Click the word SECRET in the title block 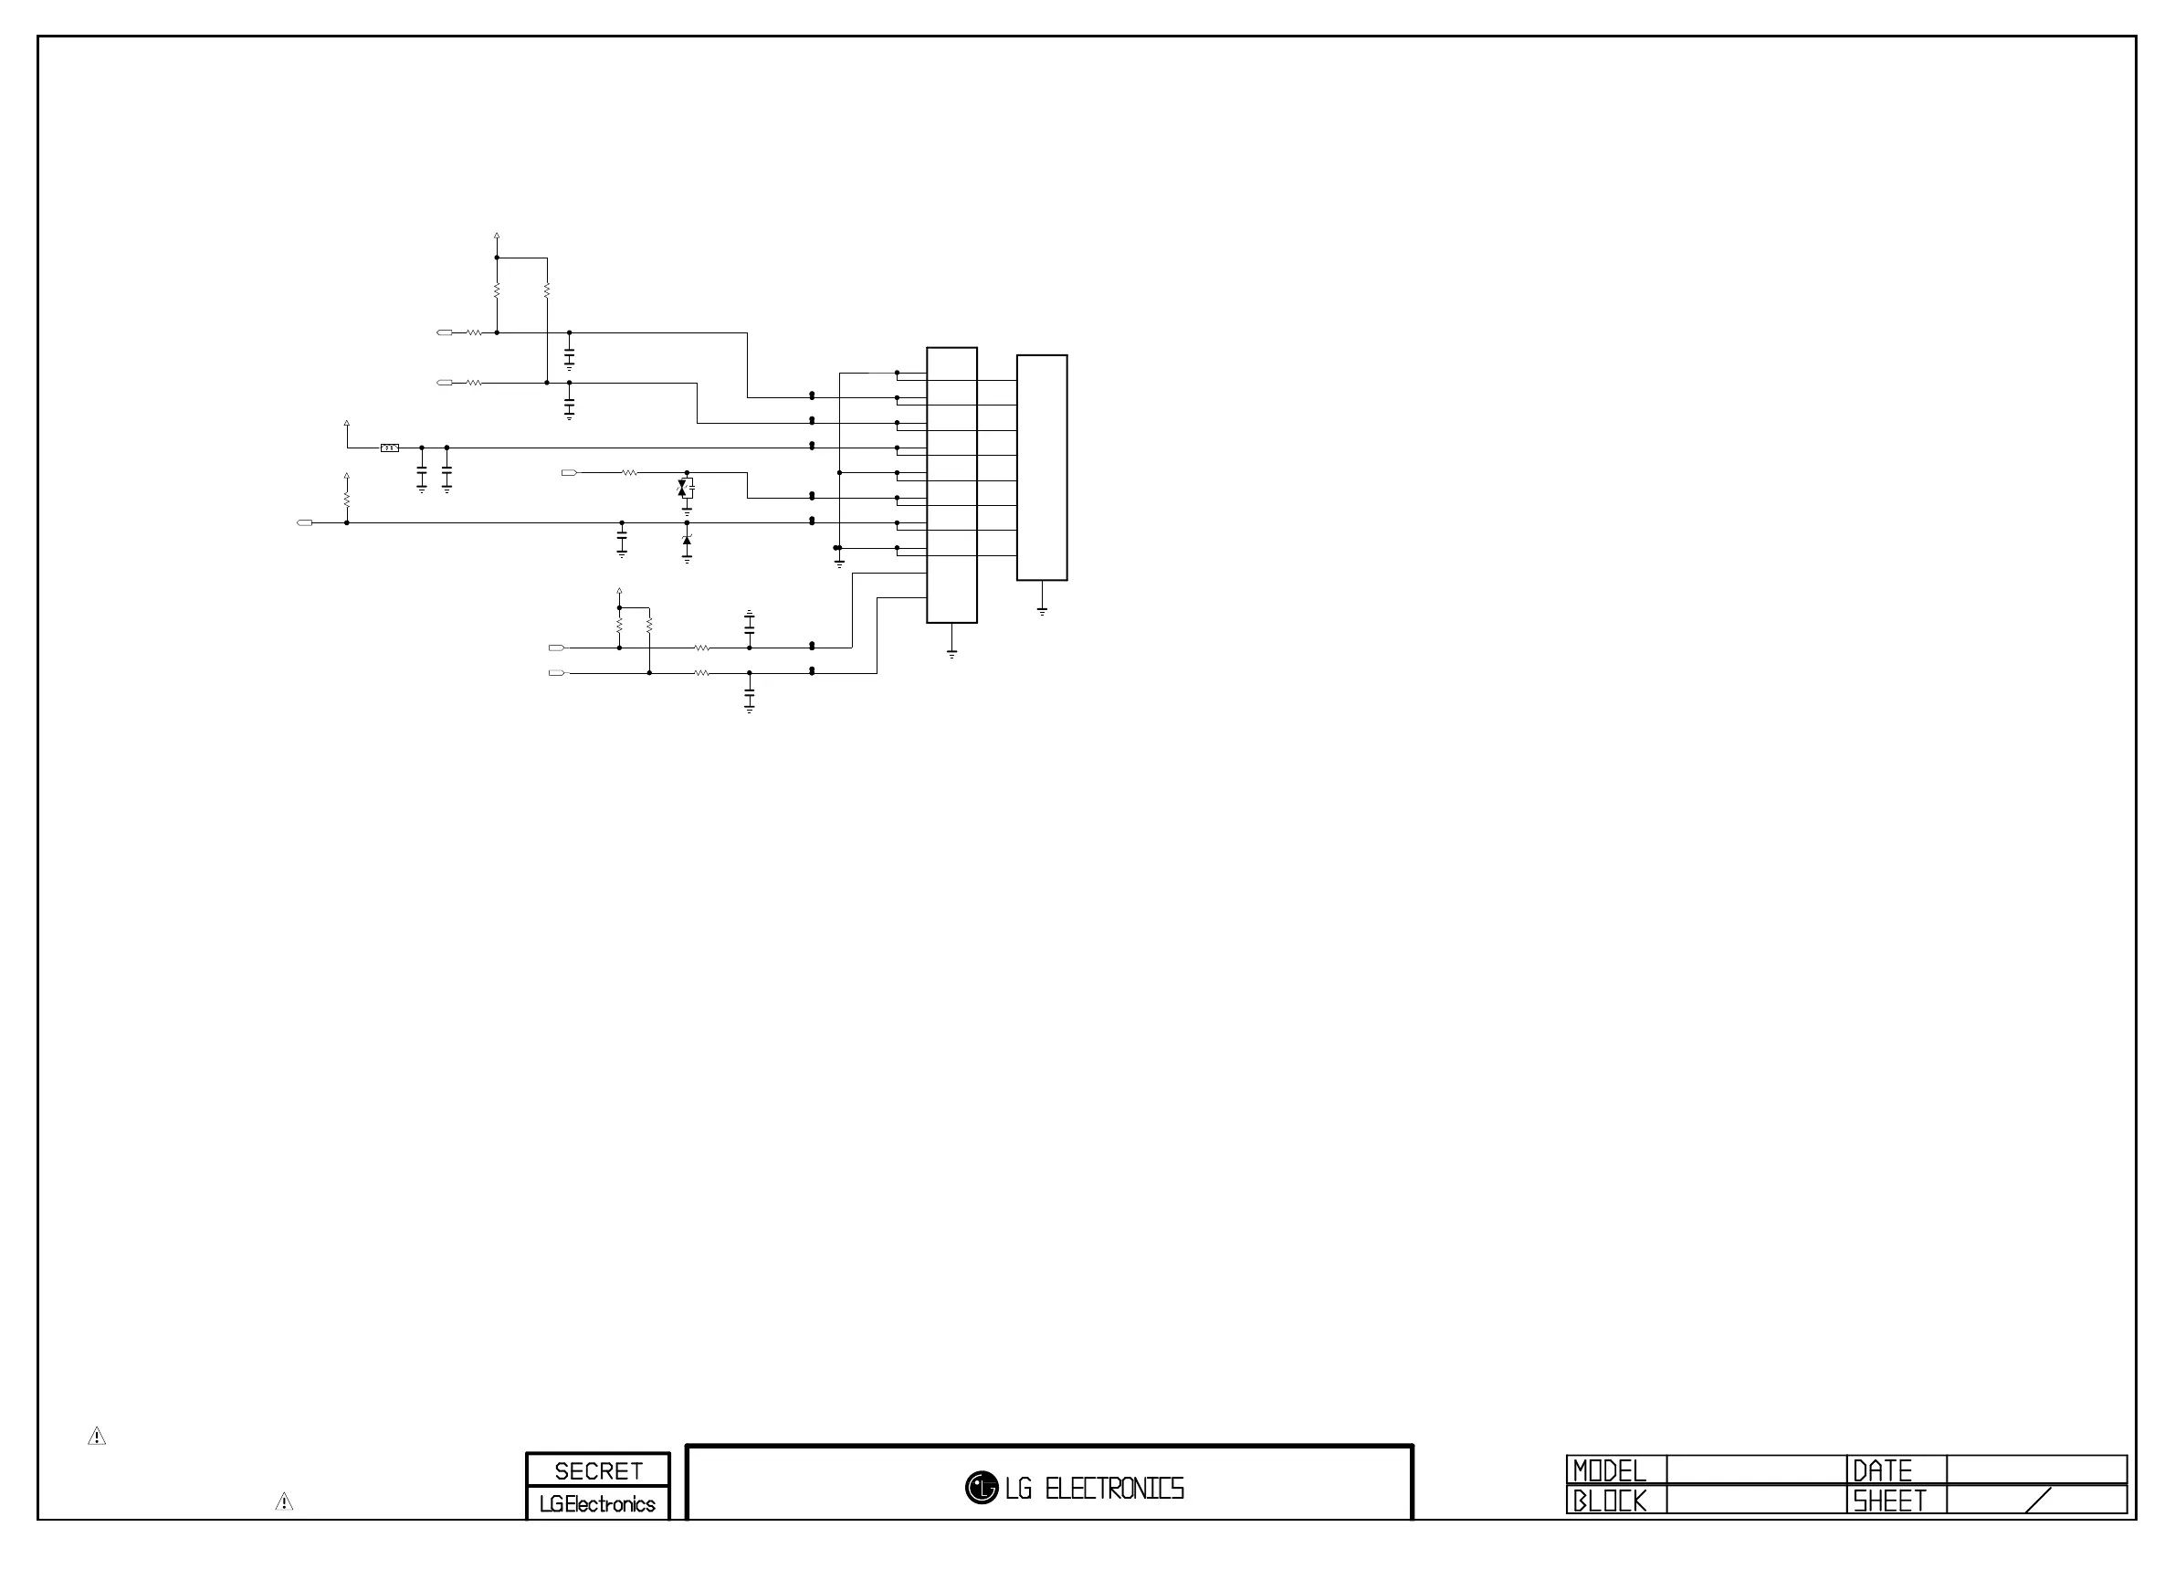tap(597, 1470)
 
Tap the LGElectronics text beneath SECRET tap(596, 1504)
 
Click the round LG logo tap(981, 1488)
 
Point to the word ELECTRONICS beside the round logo tap(1113, 1489)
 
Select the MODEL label tap(1609, 1470)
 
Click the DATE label tap(1882, 1470)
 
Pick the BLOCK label tap(1609, 1501)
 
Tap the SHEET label tap(1888, 1501)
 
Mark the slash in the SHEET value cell tap(2038, 1501)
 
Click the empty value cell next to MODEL tap(1756, 1469)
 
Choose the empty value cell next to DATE tap(2036, 1469)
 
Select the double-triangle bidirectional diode tap(683, 490)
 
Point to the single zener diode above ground tap(687, 542)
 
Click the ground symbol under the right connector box tap(1043, 609)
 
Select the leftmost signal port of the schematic tap(305, 522)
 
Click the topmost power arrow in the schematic tap(497, 235)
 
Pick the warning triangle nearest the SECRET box tap(284, 1501)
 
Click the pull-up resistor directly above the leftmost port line tap(347, 499)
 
